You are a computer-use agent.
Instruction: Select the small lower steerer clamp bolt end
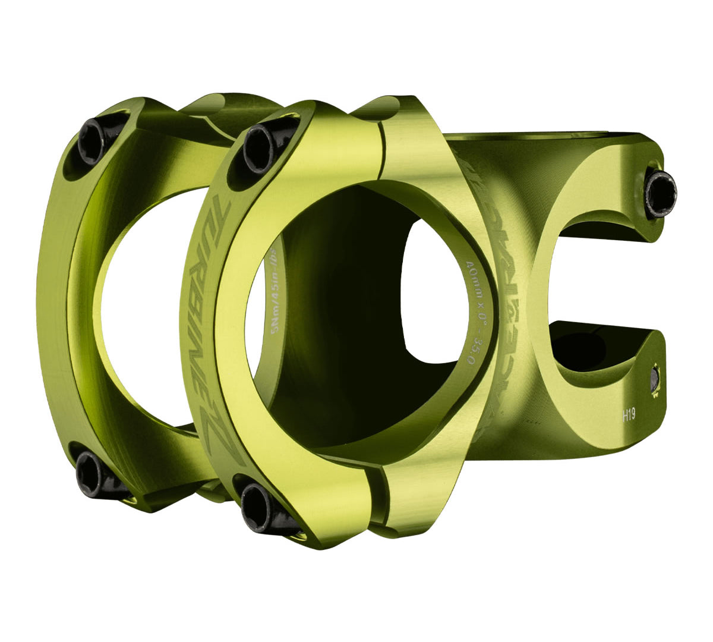coord(655,379)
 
